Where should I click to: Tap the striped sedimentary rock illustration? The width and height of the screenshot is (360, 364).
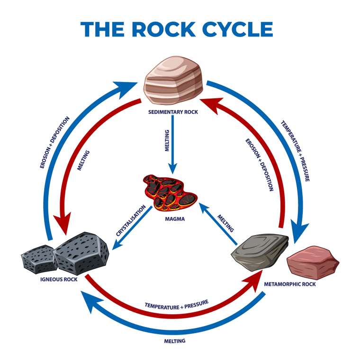pos(174,80)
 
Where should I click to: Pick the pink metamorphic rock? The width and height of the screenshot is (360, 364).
pos(313,264)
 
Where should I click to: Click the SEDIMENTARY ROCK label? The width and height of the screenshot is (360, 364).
pos(173,112)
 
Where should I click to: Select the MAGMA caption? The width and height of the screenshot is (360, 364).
pos(175,219)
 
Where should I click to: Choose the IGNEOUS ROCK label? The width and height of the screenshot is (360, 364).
pos(59,280)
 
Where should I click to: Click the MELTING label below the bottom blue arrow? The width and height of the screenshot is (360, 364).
pos(174,341)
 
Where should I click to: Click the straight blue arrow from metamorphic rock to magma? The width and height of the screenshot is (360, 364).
pos(218,225)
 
